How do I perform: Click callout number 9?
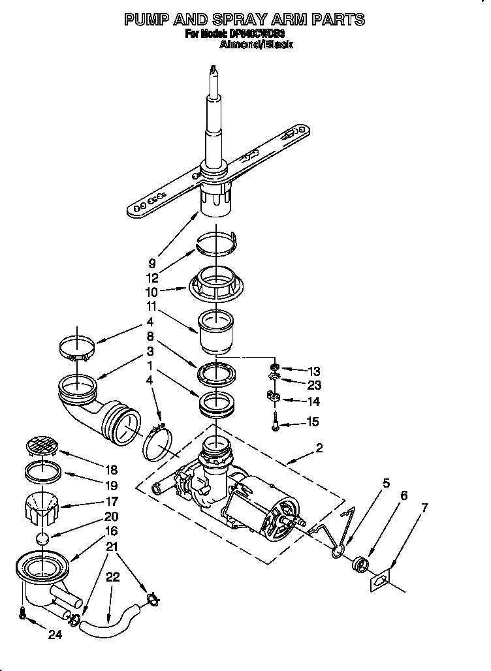pos(152,264)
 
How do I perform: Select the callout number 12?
pos(153,277)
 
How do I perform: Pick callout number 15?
pos(313,422)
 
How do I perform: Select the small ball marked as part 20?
pos(42,539)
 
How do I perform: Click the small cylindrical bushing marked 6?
pos(359,563)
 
